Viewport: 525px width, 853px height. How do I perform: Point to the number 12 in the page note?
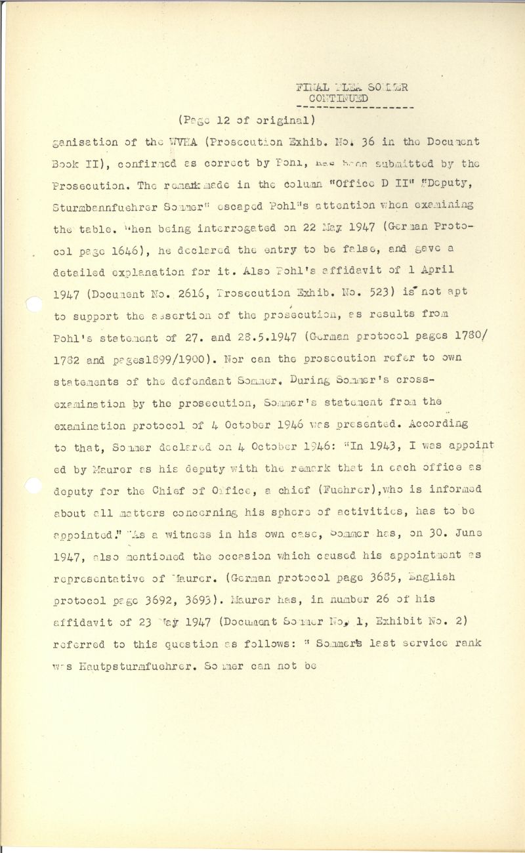coord(223,120)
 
